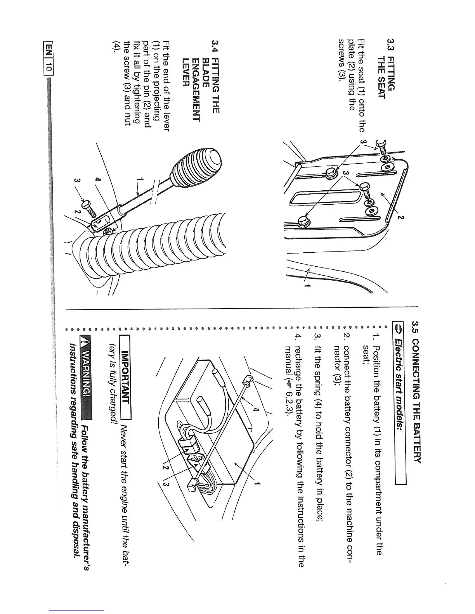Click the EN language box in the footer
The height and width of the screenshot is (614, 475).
click(49, 50)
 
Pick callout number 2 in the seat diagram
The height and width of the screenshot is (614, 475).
click(401, 217)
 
